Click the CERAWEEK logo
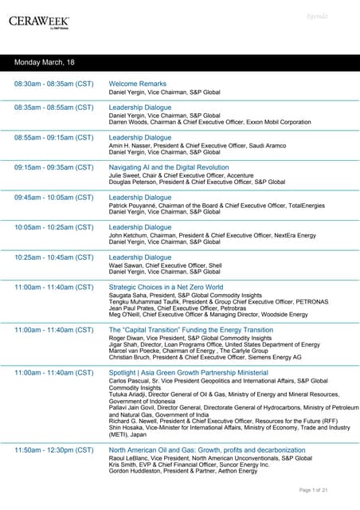tap(39, 22)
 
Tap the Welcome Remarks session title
tap(137, 84)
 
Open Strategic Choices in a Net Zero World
tap(166, 287)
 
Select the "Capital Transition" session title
tap(190, 329)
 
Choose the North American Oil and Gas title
tap(206, 451)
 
